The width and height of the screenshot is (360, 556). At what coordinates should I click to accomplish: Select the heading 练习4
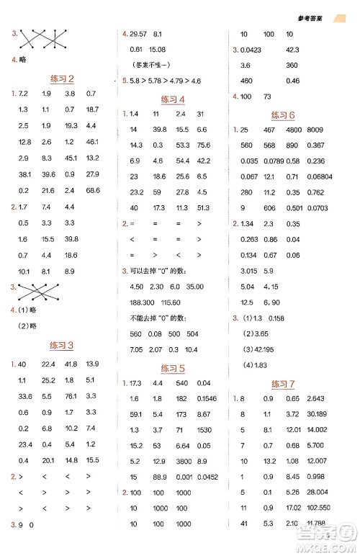click(x=173, y=99)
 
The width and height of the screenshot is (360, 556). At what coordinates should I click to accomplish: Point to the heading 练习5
click(x=173, y=368)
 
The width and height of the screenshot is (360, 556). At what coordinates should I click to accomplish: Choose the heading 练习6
click(x=284, y=115)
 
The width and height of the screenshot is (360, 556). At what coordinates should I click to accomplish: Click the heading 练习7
click(x=284, y=384)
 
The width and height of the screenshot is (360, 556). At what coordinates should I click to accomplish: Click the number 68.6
click(x=92, y=189)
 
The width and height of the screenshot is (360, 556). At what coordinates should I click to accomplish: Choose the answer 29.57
click(x=138, y=34)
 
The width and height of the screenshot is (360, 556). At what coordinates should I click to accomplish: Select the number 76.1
click(x=69, y=396)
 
